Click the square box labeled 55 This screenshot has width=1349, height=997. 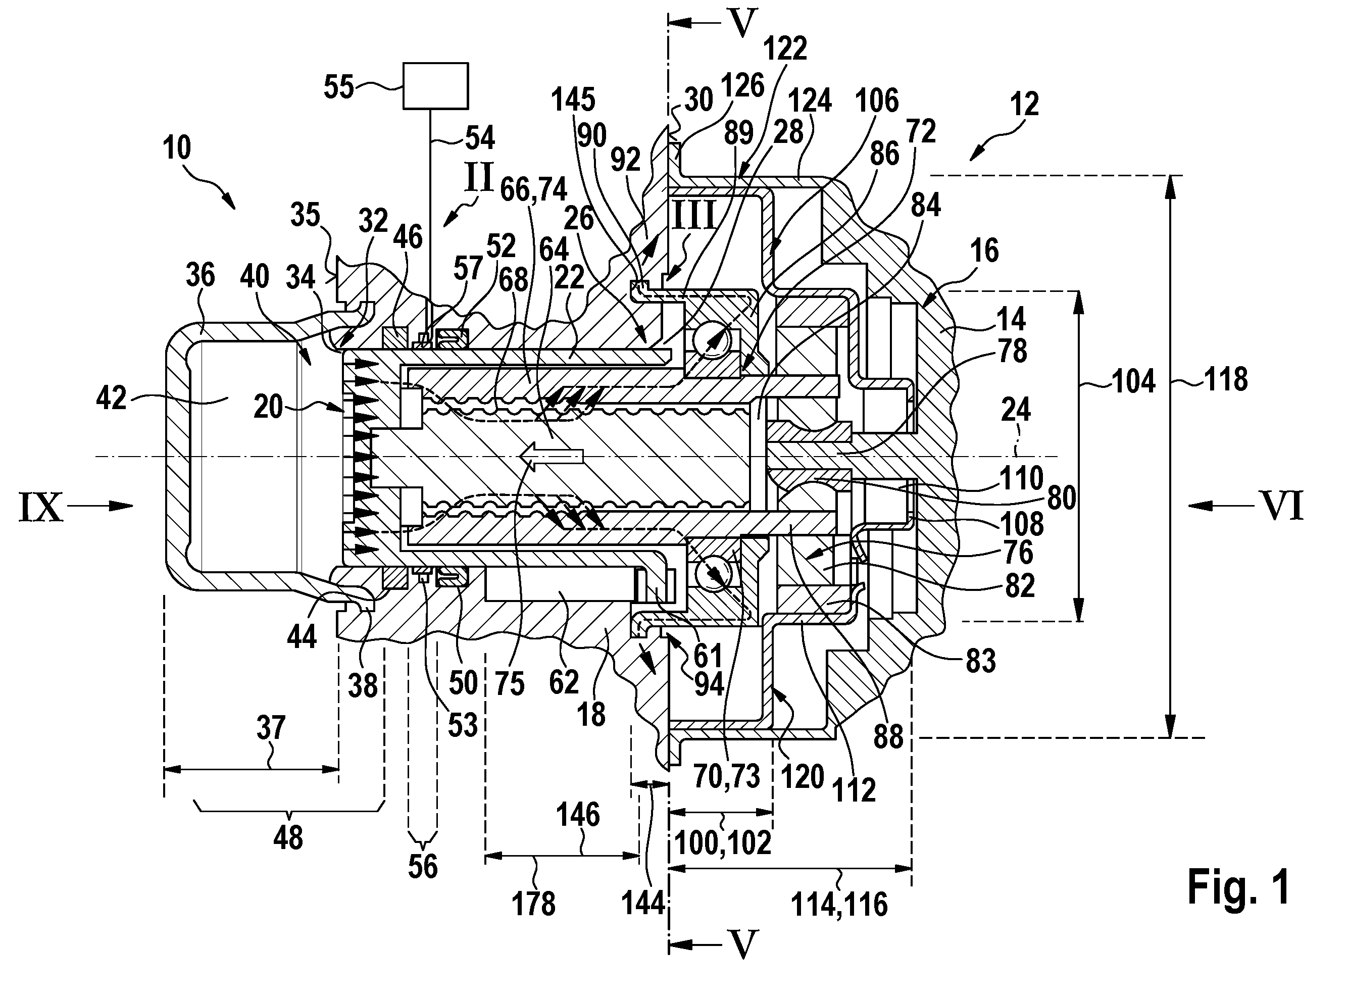tap(435, 86)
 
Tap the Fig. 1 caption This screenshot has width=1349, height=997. tap(1238, 886)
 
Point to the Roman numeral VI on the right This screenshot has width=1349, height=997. tap(1283, 506)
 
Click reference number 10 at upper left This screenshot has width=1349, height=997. tap(177, 147)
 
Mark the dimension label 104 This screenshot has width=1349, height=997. tap(1133, 381)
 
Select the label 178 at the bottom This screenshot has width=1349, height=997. tap(533, 904)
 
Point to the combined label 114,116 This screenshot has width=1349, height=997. tap(839, 905)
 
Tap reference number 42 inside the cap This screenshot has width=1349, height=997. tap(112, 398)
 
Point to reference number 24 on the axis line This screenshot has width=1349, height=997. tap(1016, 412)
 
